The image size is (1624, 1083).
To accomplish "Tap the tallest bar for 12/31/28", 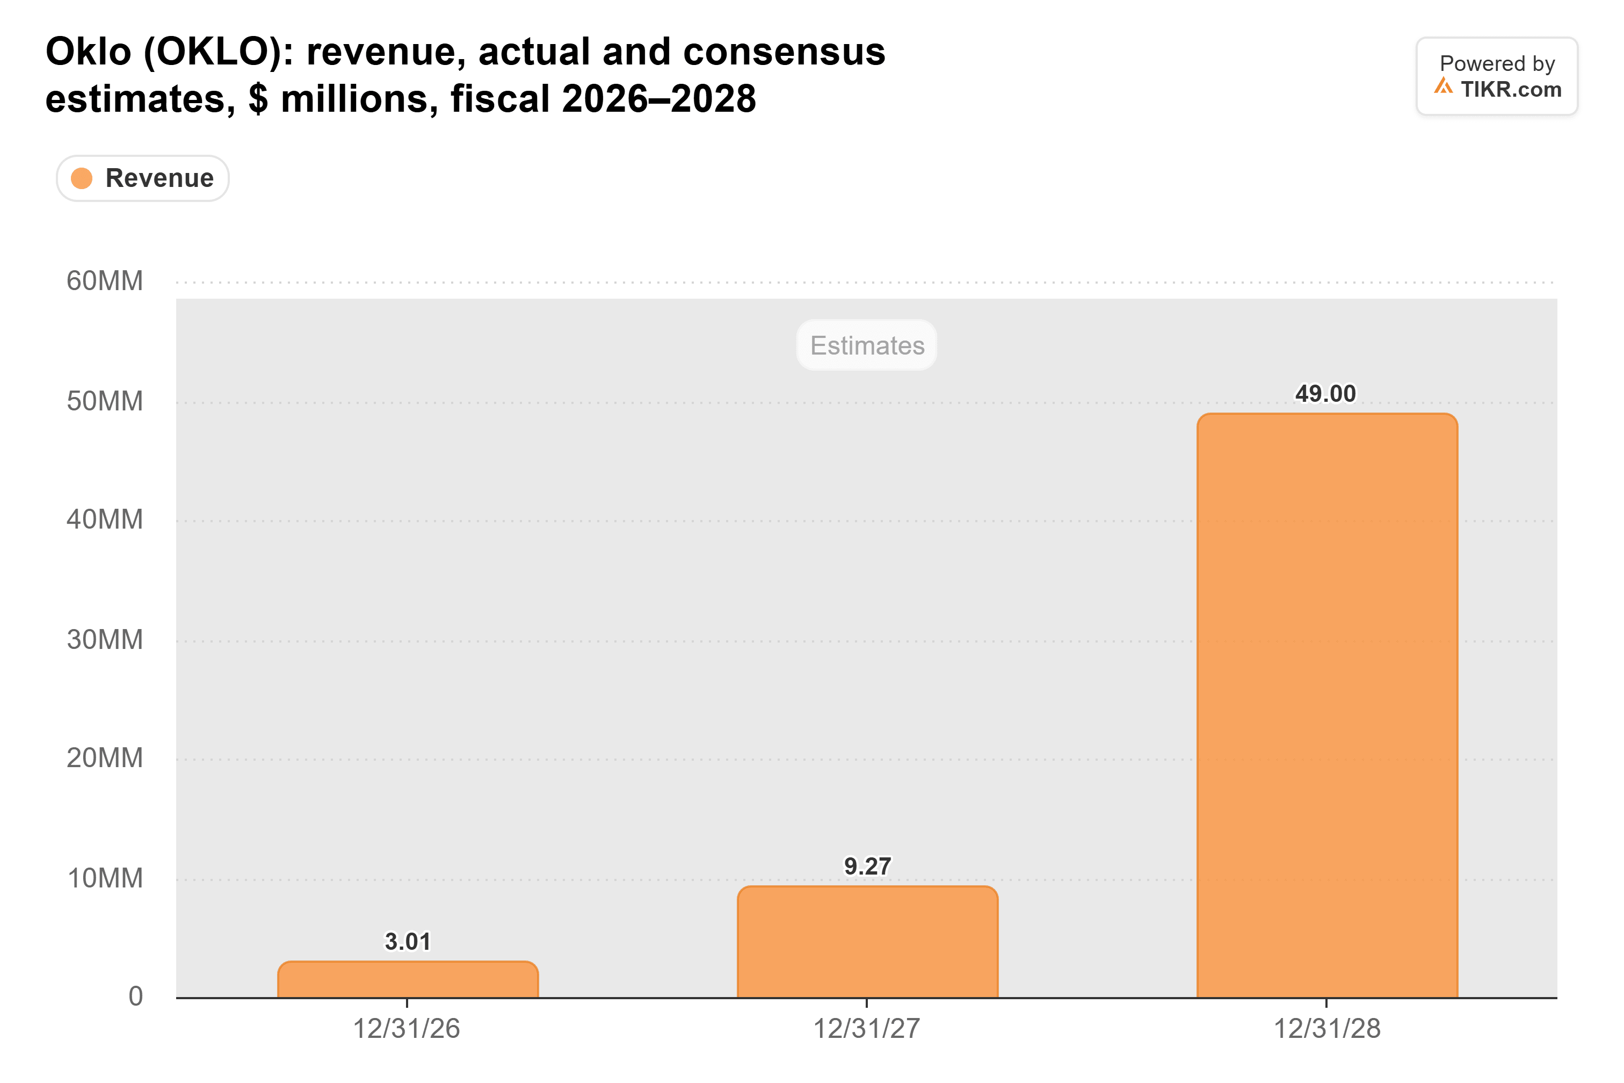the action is [x=1327, y=705].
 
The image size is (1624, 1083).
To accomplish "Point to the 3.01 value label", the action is [x=408, y=941].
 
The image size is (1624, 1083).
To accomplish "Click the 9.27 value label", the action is [x=867, y=866].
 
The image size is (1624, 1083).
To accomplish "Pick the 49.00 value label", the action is [x=1326, y=394].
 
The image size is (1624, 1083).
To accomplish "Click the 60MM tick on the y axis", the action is [x=105, y=281].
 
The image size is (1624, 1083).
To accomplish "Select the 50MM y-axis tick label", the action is [x=105, y=401].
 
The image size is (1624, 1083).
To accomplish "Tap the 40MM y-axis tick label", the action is [x=105, y=519].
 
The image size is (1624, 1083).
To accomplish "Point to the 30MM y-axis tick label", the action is [x=105, y=640].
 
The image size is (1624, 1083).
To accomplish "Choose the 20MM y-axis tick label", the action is [x=105, y=759].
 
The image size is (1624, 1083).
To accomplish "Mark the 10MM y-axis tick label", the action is [x=105, y=878].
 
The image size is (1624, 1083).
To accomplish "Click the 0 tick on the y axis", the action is [x=135, y=996].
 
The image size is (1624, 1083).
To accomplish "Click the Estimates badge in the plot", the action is [x=867, y=345].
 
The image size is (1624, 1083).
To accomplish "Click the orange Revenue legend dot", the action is [x=82, y=178].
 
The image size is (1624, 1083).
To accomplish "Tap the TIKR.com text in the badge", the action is [x=1511, y=89].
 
